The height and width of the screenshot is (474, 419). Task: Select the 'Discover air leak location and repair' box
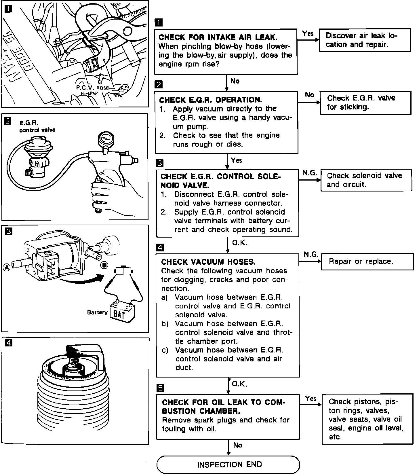pos(365,40)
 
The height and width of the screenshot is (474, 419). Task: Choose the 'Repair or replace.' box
pos(367,261)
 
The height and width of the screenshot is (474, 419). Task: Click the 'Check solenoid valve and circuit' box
pos(367,180)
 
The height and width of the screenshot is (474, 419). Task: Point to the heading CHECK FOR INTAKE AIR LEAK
pos(218,37)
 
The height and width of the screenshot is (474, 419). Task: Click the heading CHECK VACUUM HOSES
pos(208,262)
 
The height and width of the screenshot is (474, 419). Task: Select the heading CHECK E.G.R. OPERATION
pos(210,100)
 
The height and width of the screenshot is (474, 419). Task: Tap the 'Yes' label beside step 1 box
pos(308,33)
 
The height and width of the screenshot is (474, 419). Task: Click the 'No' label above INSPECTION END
pos(238,445)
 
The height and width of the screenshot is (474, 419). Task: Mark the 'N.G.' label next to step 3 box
pos(310,173)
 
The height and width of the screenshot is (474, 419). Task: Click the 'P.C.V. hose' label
pos(92,87)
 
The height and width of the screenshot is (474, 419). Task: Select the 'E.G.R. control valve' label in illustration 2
pos(37,126)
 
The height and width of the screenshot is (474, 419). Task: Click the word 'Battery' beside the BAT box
pos(97,312)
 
